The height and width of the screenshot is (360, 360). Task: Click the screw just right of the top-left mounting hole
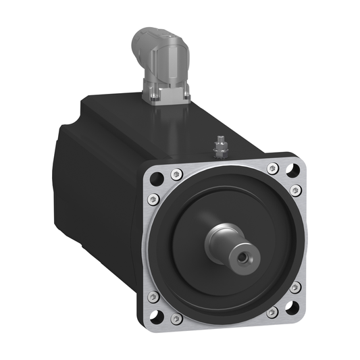(x=176, y=172)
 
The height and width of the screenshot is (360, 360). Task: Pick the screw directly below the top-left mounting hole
(x=153, y=199)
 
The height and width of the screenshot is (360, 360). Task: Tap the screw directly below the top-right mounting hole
(x=294, y=190)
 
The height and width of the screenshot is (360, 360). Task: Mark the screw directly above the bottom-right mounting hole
(x=294, y=288)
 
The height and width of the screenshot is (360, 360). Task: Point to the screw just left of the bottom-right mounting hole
(x=272, y=313)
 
